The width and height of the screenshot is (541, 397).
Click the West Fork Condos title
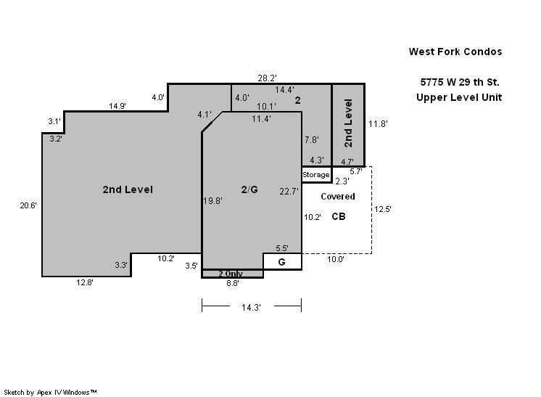pyautogui.click(x=455, y=52)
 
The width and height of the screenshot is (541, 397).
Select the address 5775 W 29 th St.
pyautogui.click(x=460, y=82)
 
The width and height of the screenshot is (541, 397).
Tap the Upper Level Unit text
pyautogui.click(x=459, y=97)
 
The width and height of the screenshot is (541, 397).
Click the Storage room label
pyautogui.click(x=316, y=175)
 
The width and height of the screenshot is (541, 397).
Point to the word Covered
pyautogui.click(x=338, y=197)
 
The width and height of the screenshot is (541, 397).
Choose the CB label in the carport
pyautogui.click(x=339, y=216)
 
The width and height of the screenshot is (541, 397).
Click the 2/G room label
pyautogui.click(x=249, y=189)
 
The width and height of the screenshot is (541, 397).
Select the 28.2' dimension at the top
pyautogui.click(x=267, y=78)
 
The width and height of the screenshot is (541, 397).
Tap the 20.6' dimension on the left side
pyautogui.click(x=28, y=205)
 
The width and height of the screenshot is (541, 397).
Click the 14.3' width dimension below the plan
pyautogui.click(x=251, y=307)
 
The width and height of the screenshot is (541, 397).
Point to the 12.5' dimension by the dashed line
pyautogui.click(x=383, y=209)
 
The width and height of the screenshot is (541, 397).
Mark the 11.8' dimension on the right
pyautogui.click(x=378, y=124)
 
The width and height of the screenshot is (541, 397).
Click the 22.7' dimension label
pyautogui.click(x=289, y=192)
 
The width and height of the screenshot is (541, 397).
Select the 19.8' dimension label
pyautogui.click(x=213, y=201)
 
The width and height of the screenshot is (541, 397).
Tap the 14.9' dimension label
pyautogui.click(x=117, y=106)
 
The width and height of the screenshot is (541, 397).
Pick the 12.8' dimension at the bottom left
pyautogui.click(x=85, y=282)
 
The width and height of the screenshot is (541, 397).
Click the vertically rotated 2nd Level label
pyautogui.click(x=349, y=123)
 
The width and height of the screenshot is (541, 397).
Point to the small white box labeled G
pyautogui.click(x=283, y=261)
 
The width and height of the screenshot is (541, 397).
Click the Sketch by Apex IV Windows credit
pyautogui.click(x=50, y=393)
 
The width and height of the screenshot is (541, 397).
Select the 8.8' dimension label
pyautogui.click(x=233, y=284)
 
